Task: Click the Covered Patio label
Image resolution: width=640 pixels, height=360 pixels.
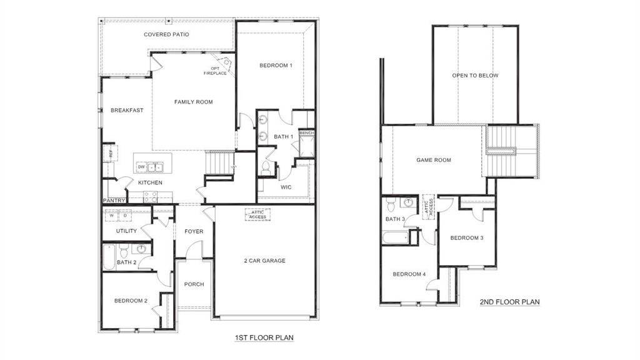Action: [x=166, y=34]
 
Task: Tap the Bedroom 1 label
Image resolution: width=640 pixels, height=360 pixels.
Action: [x=276, y=66]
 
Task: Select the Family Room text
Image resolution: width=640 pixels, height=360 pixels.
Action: [x=193, y=102]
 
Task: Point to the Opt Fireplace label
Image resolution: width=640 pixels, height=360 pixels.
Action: [x=215, y=71]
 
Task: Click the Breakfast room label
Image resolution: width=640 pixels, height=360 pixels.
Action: [x=127, y=111]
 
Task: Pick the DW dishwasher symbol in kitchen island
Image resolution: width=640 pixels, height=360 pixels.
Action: [x=141, y=167]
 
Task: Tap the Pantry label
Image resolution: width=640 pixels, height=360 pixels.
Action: [x=114, y=201]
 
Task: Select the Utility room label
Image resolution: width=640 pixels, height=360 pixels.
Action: [x=126, y=231]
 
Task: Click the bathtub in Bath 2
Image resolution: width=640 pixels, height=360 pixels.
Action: [x=109, y=257]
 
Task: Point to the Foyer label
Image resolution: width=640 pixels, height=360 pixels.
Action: [x=194, y=232]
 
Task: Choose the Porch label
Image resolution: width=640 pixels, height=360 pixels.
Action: [x=194, y=284]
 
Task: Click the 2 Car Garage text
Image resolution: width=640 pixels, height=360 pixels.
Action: [x=264, y=261]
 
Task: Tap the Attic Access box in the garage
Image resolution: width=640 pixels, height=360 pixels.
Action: [x=257, y=214]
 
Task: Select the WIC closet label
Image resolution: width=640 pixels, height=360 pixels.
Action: [x=286, y=187]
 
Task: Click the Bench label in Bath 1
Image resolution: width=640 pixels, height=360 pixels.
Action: [x=306, y=133]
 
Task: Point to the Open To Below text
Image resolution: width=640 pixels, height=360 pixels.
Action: [x=475, y=76]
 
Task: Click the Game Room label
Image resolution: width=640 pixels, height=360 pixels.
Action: [x=434, y=160]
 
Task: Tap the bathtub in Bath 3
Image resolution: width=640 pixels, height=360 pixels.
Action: [x=395, y=237]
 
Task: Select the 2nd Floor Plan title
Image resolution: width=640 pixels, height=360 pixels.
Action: [x=509, y=302]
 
